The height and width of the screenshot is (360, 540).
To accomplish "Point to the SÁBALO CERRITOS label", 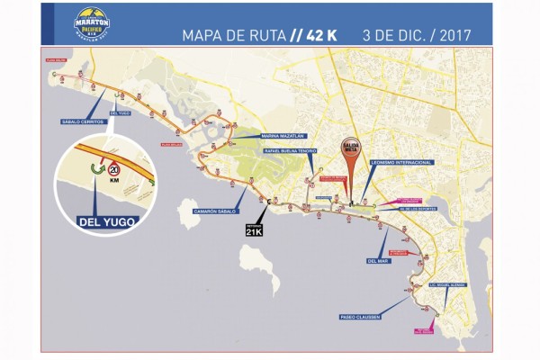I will (83, 121).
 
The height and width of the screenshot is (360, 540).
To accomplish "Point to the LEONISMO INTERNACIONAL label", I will (400, 163).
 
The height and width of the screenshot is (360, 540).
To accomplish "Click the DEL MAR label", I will (377, 261).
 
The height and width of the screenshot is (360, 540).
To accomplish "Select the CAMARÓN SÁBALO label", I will (216, 211).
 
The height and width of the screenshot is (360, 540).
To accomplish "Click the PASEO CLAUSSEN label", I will (359, 317).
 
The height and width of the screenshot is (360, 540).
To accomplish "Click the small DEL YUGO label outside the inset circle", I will (120, 113).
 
